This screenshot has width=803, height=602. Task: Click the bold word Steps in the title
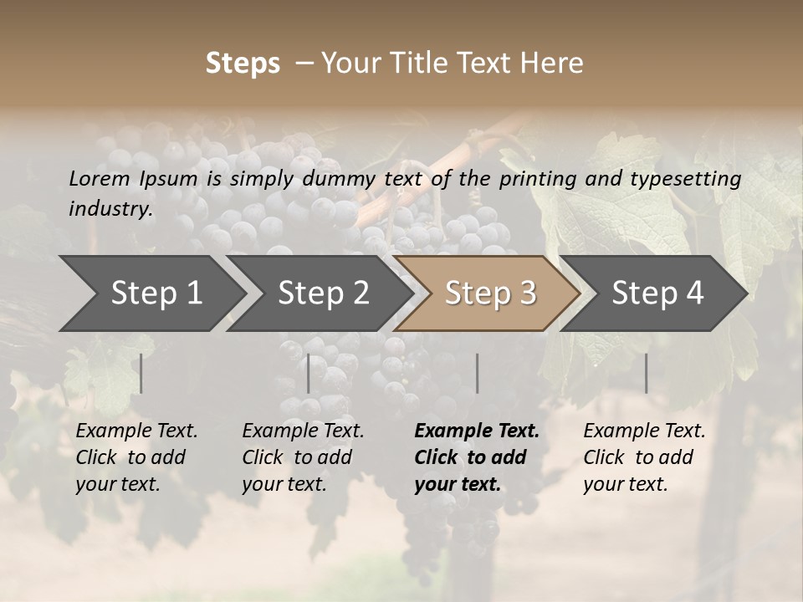[x=243, y=64]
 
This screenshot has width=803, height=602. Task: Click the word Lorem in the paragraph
[x=100, y=178]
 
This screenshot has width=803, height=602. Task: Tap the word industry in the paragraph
[x=110, y=208]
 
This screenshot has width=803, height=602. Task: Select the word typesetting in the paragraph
[x=685, y=178]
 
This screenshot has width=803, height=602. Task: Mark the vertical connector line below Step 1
[x=141, y=373]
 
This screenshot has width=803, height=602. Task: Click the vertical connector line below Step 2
[x=309, y=373]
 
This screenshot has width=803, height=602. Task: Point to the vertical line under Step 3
[x=478, y=373]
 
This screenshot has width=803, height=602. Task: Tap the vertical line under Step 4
[x=646, y=373]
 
